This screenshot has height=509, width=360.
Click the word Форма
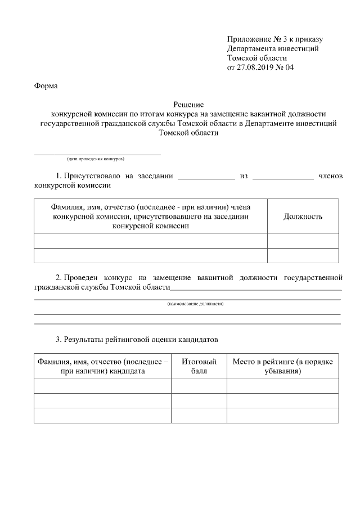pyautogui.click(x=46, y=86)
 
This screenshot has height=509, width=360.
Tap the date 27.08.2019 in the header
pyautogui.click(x=257, y=67)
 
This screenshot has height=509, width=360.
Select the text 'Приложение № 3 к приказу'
pyautogui.click(x=274, y=39)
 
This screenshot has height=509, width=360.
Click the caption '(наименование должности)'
pyautogui.click(x=195, y=304)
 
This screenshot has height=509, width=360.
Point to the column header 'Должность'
pyautogui.click(x=303, y=216)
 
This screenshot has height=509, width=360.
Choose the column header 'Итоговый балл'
pyautogui.click(x=199, y=366)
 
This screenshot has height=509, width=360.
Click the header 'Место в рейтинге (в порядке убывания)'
pyautogui.click(x=282, y=366)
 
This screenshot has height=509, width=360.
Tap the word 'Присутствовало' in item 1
pyautogui.click(x=91, y=176)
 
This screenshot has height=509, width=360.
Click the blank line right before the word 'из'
pyautogui.click(x=206, y=178)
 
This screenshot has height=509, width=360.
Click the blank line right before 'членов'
pyautogui.click(x=283, y=178)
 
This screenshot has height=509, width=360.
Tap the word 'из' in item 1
pyautogui.click(x=244, y=176)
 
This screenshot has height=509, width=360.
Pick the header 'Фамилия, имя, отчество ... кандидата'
pyautogui.click(x=102, y=366)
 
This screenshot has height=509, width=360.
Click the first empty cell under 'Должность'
pyautogui.click(x=303, y=241)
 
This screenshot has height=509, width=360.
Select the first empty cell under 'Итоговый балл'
pyautogui.click(x=199, y=386)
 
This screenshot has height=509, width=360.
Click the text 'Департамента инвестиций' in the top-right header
pyautogui.click(x=273, y=48)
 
